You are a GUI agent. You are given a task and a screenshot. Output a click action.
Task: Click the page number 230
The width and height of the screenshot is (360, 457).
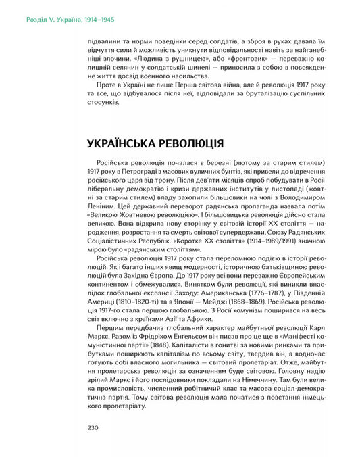pyautogui.click(x=94, y=427)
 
